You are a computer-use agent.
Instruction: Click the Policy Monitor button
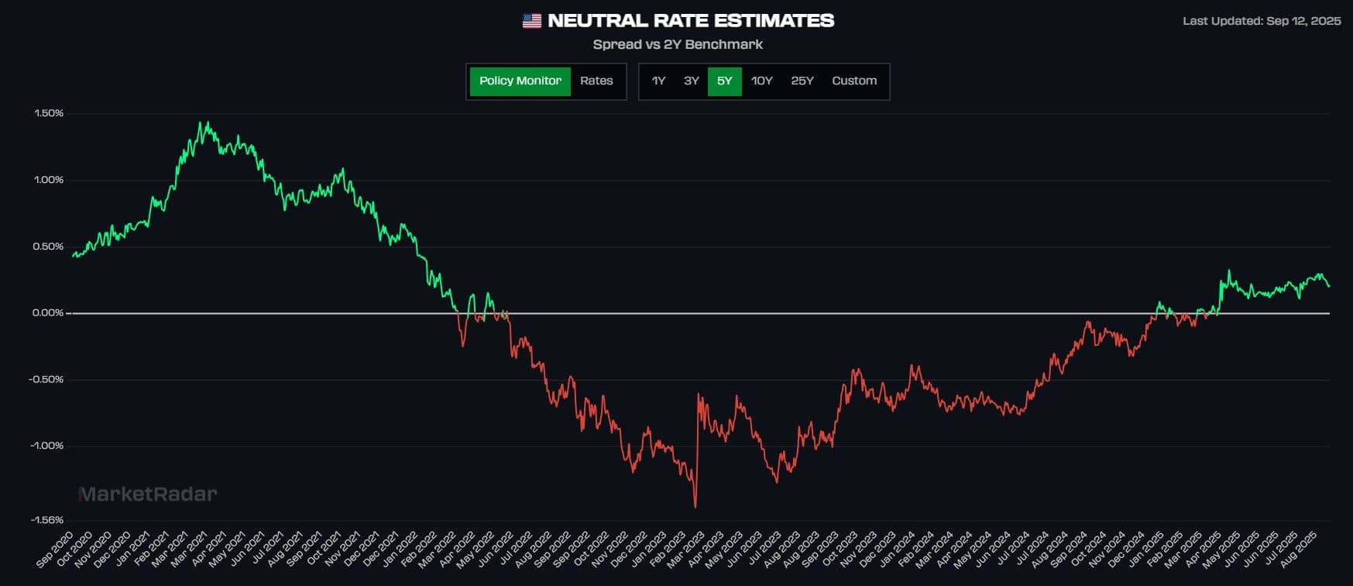tap(520, 81)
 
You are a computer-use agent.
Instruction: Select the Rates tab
tap(596, 81)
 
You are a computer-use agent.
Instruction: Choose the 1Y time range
tap(658, 81)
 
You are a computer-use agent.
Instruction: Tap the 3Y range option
tap(692, 81)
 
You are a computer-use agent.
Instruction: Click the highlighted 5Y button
tap(724, 81)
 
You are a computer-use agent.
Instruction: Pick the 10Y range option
tap(762, 81)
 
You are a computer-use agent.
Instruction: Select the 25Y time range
tap(802, 81)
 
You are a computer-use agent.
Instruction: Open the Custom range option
tap(854, 81)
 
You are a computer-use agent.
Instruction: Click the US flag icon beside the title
tap(532, 21)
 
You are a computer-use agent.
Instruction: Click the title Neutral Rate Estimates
tap(691, 21)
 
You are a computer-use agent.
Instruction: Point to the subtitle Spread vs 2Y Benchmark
tap(678, 45)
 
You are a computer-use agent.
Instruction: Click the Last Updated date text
tap(1262, 21)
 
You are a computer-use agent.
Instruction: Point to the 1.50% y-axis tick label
tap(49, 113)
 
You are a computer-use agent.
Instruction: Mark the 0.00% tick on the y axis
tap(48, 313)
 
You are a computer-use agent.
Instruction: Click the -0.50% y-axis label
tap(46, 380)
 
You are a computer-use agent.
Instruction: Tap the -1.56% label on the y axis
tap(46, 520)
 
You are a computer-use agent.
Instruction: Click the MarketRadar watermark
tap(148, 495)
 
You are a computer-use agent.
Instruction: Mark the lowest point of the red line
tap(695, 507)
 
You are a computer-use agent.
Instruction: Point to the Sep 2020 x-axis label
tap(56, 548)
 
